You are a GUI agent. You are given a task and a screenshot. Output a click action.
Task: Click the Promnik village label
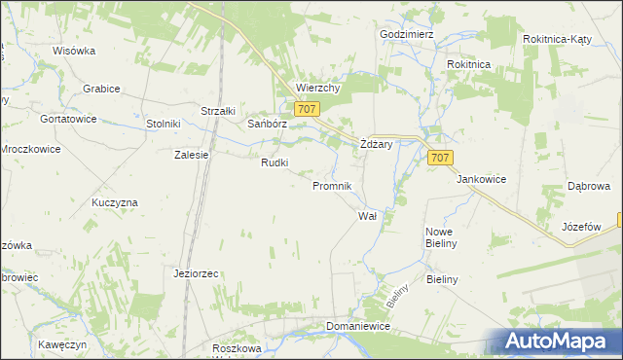point(338,185)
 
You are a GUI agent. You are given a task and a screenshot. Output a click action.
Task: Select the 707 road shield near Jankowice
point(439,158)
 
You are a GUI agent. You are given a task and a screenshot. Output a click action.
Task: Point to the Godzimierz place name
point(406,33)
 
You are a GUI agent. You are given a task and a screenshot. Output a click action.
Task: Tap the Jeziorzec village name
point(196,273)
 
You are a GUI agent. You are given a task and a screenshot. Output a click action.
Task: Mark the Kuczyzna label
point(115,201)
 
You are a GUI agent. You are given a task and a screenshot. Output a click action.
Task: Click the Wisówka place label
point(74,50)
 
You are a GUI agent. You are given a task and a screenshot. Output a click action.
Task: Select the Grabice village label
point(101,89)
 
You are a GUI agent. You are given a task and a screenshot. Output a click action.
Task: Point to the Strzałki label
point(218,111)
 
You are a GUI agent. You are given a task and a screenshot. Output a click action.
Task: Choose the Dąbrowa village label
point(588,186)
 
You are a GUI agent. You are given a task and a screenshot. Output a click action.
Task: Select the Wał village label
point(367,215)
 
